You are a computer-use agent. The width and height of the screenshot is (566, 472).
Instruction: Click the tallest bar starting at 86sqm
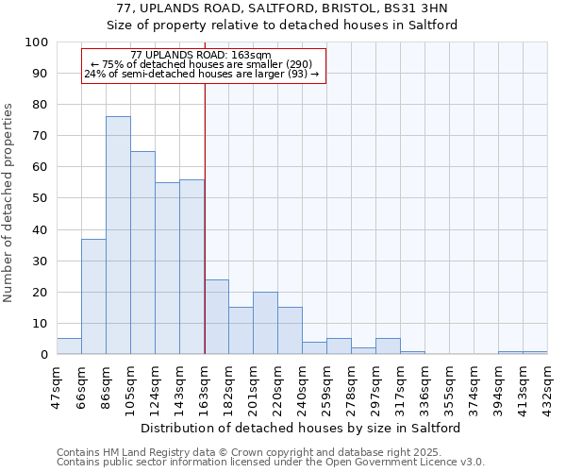tap(118, 235)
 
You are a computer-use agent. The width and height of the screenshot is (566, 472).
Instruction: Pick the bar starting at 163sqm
tap(216, 316)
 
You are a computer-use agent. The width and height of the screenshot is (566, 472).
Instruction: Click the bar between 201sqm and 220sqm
tap(265, 323)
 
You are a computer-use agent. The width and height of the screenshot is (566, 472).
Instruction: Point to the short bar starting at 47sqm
tap(69, 346)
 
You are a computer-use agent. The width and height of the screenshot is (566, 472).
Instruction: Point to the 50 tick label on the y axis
tap(40, 198)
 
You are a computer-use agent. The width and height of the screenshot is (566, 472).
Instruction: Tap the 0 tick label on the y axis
tap(43, 354)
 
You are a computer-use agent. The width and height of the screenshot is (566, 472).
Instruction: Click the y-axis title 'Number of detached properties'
tap(8, 203)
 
